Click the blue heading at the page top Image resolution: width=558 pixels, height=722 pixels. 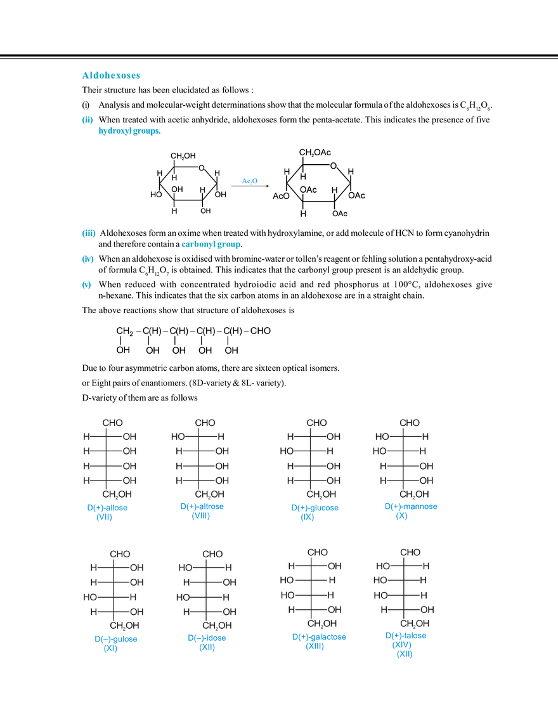(109, 76)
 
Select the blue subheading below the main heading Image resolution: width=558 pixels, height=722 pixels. (129, 132)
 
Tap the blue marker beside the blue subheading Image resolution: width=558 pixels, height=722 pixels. (88, 119)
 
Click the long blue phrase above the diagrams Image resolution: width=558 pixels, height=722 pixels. (212, 244)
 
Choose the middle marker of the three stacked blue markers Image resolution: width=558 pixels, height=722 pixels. (88, 260)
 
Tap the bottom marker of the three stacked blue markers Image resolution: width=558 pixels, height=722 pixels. (88, 286)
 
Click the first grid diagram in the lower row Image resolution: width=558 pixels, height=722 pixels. (115, 586)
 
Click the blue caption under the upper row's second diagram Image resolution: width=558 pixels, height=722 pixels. (202, 511)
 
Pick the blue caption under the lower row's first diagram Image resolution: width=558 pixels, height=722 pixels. (115, 643)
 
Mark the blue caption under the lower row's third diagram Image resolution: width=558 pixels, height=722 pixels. (318, 640)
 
